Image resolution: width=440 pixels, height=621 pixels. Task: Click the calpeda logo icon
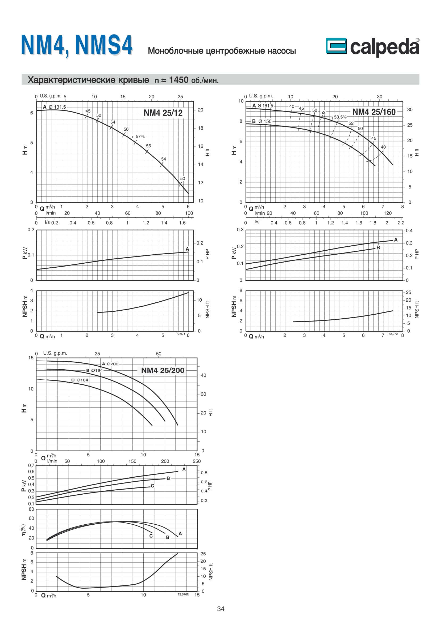pyautogui.click(x=336, y=46)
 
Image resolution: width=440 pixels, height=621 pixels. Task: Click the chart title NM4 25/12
pyautogui.click(x=163, y=113)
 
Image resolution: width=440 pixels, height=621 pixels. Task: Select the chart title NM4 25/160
pyautogui.click(x=374, y=112)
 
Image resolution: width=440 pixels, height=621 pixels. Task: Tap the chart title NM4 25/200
pyautogui.click(x=163, y=370)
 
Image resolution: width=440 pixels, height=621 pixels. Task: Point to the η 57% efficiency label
pyautogui.click(x=138, y=136)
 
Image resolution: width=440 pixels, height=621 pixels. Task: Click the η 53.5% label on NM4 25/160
pyautogui.click(x=338, y=117)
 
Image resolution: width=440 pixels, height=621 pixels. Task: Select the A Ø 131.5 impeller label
pyautogui.click(x=55, y=107)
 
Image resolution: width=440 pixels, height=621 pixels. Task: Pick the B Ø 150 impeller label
pyautogui.click(x=262, y=121)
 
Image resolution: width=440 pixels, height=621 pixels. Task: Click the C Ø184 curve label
pyautogui.click(x=80, y=380)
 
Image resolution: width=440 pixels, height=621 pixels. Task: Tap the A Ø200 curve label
pyautogui.click(x=110, y=364)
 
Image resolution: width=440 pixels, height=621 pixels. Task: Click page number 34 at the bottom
pyautogui.click(x=221, y=609)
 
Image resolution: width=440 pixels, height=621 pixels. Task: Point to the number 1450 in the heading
pyautogui.click(x=179, y=80)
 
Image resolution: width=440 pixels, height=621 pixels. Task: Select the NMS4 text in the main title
pyautogui.click(x=104, y=45)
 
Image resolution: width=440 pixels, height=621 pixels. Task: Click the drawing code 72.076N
pyautogui.click(x=183, y=594)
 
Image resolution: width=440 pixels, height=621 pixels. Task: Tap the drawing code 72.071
pyautogui.click(x=180, y=334)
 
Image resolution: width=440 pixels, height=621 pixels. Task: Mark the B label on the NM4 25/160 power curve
pyautogui.click(x=378, y=247)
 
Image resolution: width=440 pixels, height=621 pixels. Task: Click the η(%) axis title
pyautogui.click(x=24, y=530)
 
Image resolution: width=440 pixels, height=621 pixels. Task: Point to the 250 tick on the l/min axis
pyautogui.click(x=197, y=461)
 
